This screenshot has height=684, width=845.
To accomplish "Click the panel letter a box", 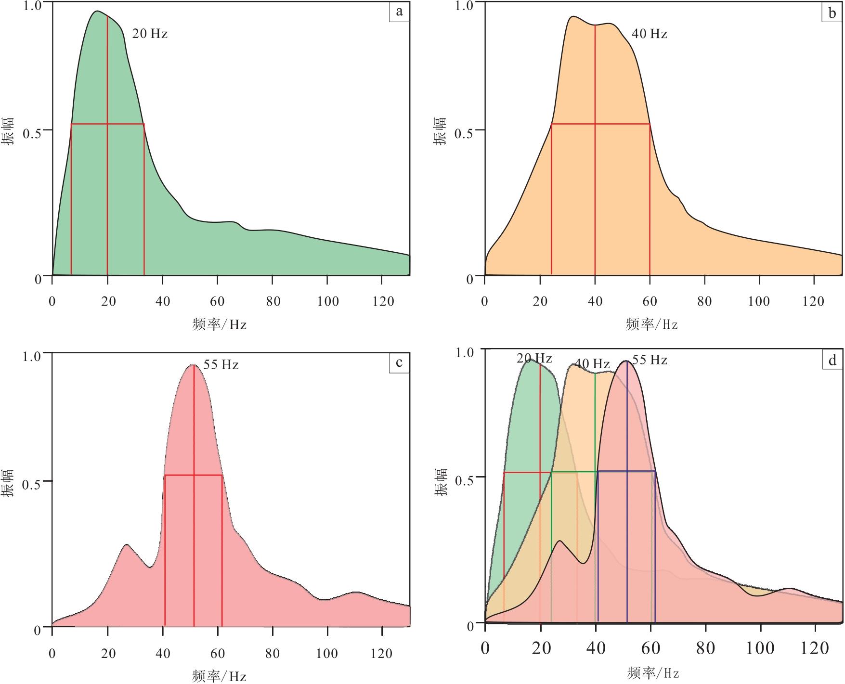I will (399, 12).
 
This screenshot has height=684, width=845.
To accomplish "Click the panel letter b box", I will (832, 13).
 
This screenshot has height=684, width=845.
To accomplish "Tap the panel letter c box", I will (399, 362).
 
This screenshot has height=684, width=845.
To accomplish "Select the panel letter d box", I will (832, 360).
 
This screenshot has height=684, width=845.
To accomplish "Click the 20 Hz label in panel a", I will (150, 34).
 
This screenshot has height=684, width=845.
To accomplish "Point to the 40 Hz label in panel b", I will (649, 34).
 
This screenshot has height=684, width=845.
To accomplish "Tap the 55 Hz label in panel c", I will (221, 365).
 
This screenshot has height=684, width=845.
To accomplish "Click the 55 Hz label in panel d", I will (650, 360).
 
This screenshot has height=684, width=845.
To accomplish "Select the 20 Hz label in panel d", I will (534, 359).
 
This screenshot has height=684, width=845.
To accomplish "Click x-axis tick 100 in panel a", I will (327, 302).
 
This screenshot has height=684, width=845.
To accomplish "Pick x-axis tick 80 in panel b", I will (704, 302).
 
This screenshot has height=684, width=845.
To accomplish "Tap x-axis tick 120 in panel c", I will (383, 653).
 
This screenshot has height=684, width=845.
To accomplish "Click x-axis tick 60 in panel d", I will (650, 648).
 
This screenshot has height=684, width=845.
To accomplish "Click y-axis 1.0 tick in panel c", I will (33, 357).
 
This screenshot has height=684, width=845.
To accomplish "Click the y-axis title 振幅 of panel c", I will (8, 483).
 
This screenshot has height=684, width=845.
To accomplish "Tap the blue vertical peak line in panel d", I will (627, 529).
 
